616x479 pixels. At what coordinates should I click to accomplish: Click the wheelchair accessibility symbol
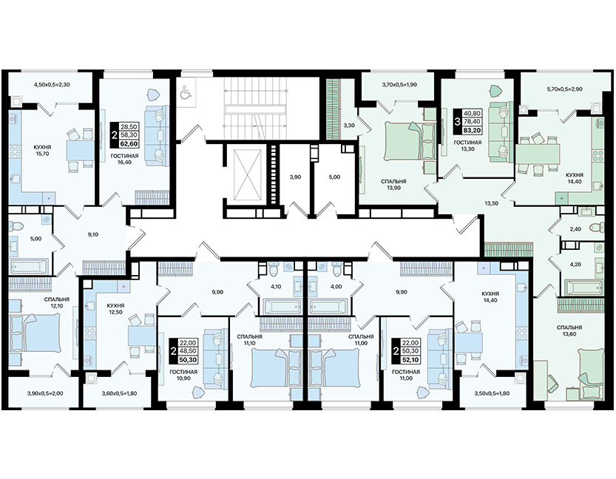pyautogui.click(x=184, y=94)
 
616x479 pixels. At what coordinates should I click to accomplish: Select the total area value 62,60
pyautogui.click(x=129, y=143)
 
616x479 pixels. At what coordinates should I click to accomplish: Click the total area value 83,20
pyautogui.click(x=472, y=130)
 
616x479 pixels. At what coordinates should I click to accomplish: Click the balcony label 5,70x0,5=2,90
pyautogui.click(x=564, y=89)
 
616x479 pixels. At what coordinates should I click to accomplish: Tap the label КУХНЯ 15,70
pyautogui.click(x=42, y=150)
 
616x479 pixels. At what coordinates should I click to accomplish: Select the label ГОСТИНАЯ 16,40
pyautogui.click(x=124, y=159)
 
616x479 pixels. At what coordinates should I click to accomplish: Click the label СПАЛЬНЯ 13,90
pyautogui.click(x=393, y=185)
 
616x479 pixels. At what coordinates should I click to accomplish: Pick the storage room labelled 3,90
pyautogui.click(x=296, y=177)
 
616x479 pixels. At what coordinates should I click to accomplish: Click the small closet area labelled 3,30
pyautogui.click(x=349, y=126)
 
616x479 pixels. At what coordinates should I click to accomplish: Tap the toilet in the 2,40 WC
pyautogui.click(x=597, y=228)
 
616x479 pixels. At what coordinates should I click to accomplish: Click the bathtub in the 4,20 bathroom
pyautogui.click(x=584, y=288)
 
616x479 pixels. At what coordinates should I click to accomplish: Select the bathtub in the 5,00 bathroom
pyautogui.click(x=30, y=266)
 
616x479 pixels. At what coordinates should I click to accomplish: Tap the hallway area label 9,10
pyautogui.click(x=93, y=234)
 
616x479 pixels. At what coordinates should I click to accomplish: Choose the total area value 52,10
pyautogui.click(x=410, y=359)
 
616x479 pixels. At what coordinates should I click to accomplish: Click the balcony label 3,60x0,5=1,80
pyautogui.click(x=119, y=393)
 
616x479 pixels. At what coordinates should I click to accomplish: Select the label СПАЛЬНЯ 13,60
pyautogui.click(x=569, y=330)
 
